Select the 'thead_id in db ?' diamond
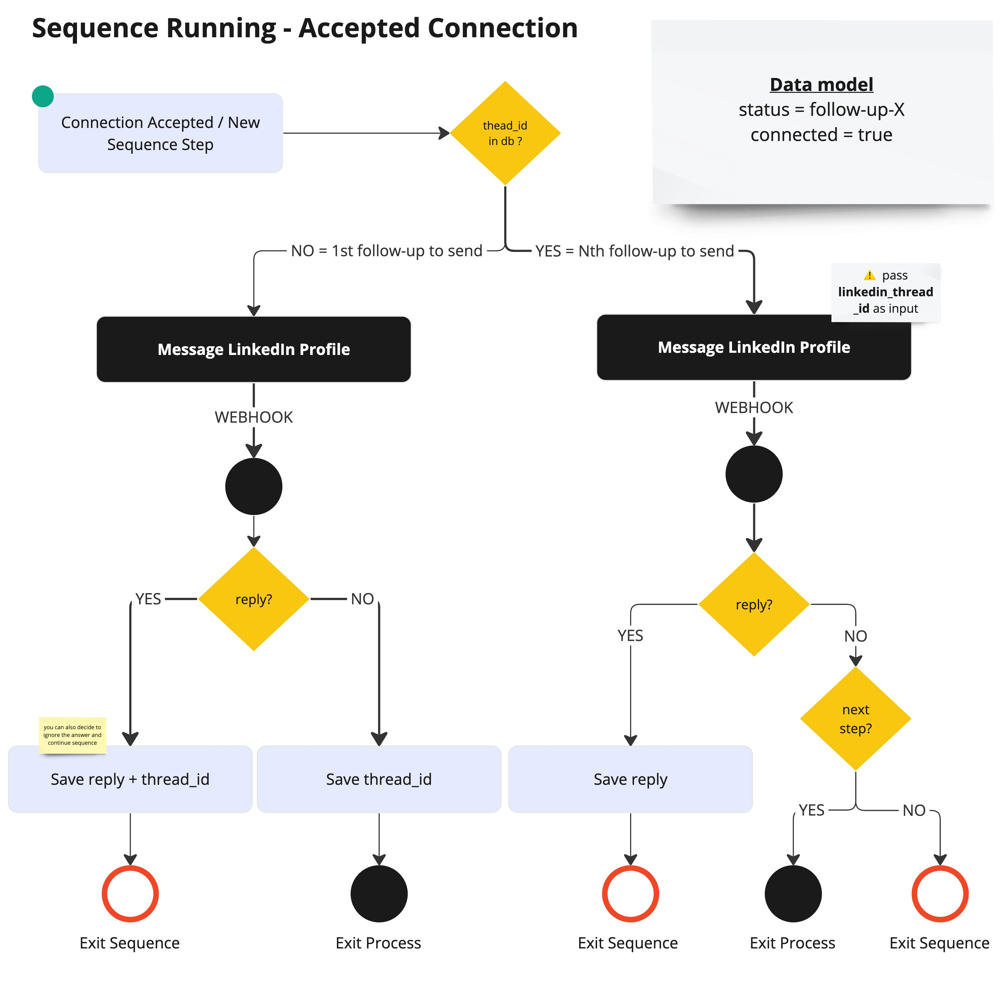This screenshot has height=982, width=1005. [x=505, y=133]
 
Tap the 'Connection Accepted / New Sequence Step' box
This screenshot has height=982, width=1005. [x=161, y=133]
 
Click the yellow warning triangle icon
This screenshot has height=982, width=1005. [x=869, y=275]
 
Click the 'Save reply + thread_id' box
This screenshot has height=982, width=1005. [x=130, y=779]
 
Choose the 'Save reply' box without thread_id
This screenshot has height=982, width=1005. [x=630, y=779]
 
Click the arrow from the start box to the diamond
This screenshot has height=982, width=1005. [x=366, y=133]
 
